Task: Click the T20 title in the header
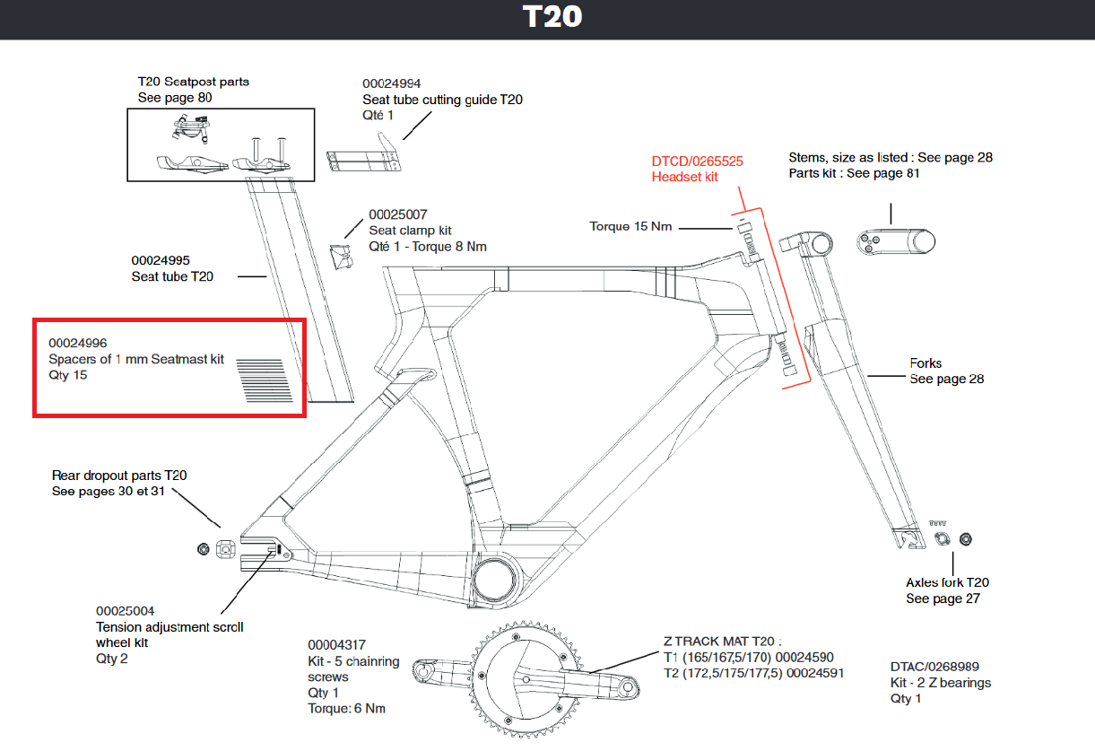(552, 18)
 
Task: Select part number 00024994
(391, 83)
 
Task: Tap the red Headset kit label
(684, 178)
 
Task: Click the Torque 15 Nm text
(630, 226)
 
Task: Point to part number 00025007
(398, 214)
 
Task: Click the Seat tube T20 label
(172, 276)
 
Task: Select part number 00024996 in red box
(78, 344)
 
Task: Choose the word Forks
(926, 363)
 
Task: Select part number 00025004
(126, 611)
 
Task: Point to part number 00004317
(337, 645)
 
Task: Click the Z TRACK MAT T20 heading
(723, 642)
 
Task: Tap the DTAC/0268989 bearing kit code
(934, 667)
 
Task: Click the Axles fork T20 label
(947, 582)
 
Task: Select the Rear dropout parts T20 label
(119, 476)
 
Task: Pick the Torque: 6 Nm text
(346, 709)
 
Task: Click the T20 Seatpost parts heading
(194, 82)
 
